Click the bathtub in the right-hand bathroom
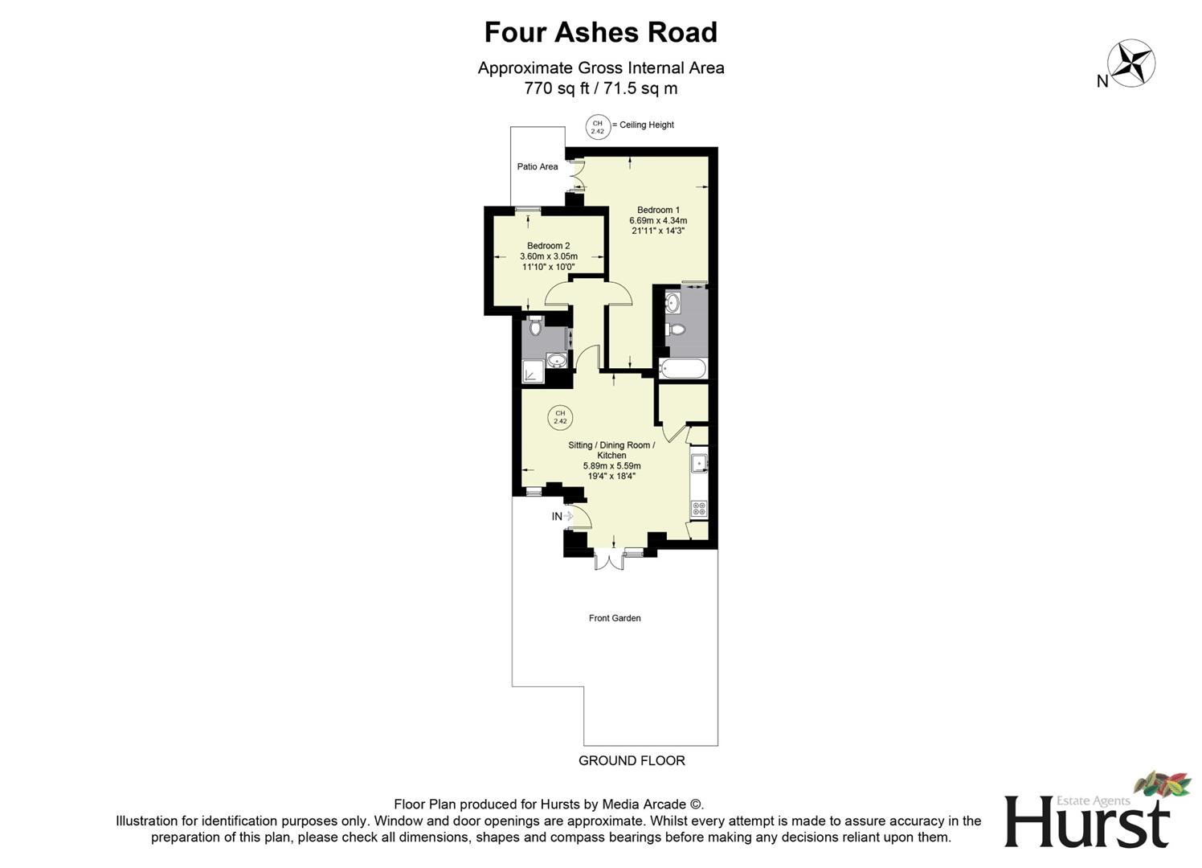coord(682,369)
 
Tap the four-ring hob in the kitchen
coord(699,508)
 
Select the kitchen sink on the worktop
coord(699,464)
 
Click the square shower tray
coord(533,371)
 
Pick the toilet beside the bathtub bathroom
coord(676,329)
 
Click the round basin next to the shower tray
coord(556,360)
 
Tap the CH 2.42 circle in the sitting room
coord(560,417)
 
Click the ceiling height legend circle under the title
coord(597,126)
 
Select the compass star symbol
coord(1131,63)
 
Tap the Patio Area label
coord(538,167)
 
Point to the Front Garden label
coord(615,618)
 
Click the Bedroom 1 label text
coord(658,210)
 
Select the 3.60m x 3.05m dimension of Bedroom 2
coord(549,256)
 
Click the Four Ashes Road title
coord(600,32)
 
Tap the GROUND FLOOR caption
coord(632,760)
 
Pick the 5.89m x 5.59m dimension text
coord(611,465)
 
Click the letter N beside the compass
coord(1102,80)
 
